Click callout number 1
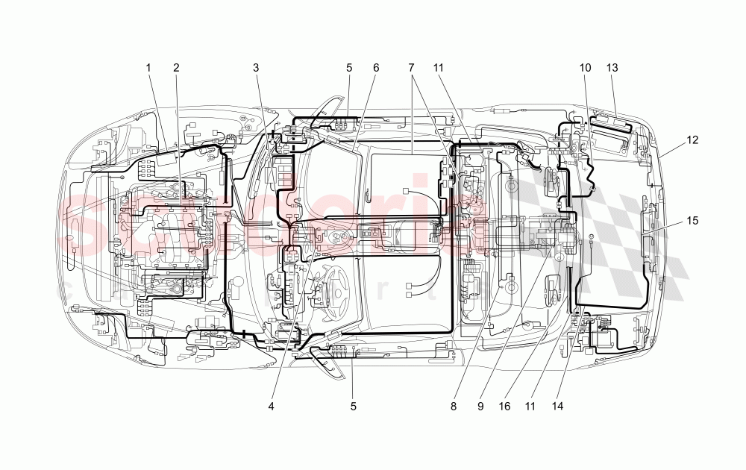(x=148, y=68)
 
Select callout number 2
(x=177, y=68)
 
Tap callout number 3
(x=256, y=68)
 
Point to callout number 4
(x=272, y=407)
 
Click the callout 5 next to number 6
(x=349, y=68)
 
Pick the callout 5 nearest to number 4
(x=354, y=407)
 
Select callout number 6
(x=376, y=68)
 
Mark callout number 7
(x=411, y=68)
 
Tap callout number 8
(x=454, y=407)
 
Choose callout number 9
(x=481, y=407)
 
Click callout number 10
(x=586, y=68)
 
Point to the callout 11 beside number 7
(x=439, y=68)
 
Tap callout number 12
(x=694, y=140)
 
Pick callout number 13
(x=612, y=68)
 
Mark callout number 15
(x=694, y=221)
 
